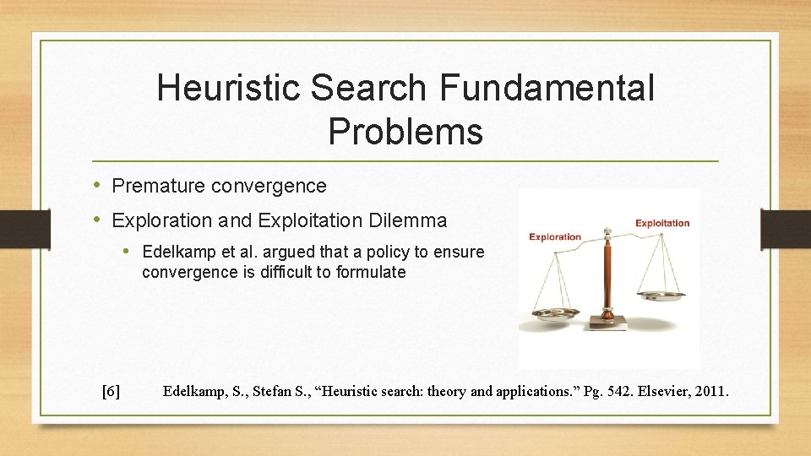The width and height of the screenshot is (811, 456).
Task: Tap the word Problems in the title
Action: click(405, 131)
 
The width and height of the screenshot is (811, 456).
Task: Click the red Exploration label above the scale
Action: click(555, 237)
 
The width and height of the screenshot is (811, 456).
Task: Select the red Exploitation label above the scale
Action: click(662, 224)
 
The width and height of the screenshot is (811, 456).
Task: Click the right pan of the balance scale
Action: click(661, 296)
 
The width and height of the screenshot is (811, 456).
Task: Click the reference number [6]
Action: click(110, 391)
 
